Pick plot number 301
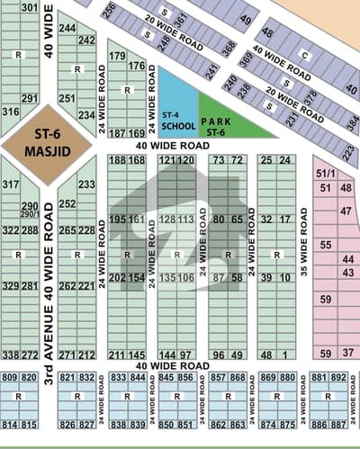[x=30, y=8]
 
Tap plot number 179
[x=117, y=56]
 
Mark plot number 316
[x=11, y=112]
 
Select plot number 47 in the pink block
[x=346, y=211]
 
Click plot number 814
[x=11, y=424]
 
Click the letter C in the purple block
[x=304, y=54]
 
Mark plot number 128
[x=167, y=220]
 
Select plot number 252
[x=67, y=204]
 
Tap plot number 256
[x=109, y=11]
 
